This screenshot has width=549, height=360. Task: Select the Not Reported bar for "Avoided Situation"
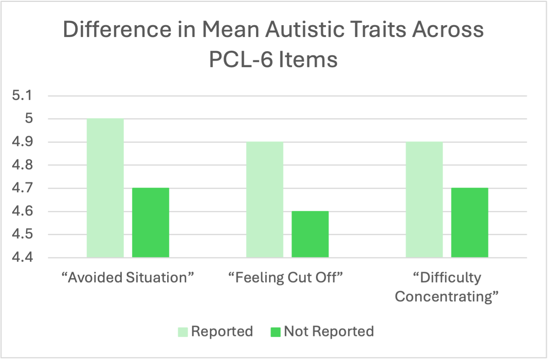tap(151, 223)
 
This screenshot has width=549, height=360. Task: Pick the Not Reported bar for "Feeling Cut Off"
tap(310, 234)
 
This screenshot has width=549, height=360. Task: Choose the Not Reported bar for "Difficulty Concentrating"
tap(470, 223)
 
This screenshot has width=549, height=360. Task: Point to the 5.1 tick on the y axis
tap(23, 95)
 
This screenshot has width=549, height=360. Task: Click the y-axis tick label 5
tap(29, 119)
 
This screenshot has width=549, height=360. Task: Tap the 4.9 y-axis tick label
tap(23, 142)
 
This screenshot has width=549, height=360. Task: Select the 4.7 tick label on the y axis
tap(23, 188)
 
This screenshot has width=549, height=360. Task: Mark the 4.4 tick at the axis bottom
tap(23, 257)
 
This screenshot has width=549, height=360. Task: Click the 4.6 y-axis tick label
tap(23, 211)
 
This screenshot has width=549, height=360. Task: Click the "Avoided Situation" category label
tap(128, 278)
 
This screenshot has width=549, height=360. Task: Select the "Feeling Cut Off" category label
tap(286, 278)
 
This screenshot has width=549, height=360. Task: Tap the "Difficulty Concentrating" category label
tap(447, 287)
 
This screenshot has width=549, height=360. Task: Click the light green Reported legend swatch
tap(183, 332)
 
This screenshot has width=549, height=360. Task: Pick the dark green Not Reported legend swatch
tap(275, 332)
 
